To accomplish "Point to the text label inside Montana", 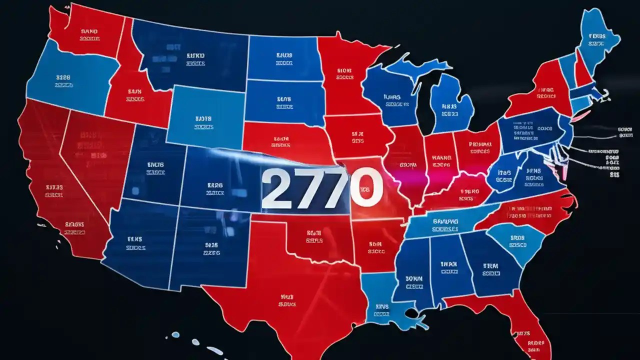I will pyautogui.click(x=195, y=59).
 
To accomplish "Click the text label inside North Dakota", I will pyautogui.click(x=284, y=59).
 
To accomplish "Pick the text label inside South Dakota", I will pyautogui.click(x=284, y=102).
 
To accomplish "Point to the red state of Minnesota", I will pyautogui.click(x=345, y=75).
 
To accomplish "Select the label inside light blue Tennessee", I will pyautogui.click(x=445, y=224).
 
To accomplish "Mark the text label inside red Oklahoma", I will pyautogui.click(x=313, y=236).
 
